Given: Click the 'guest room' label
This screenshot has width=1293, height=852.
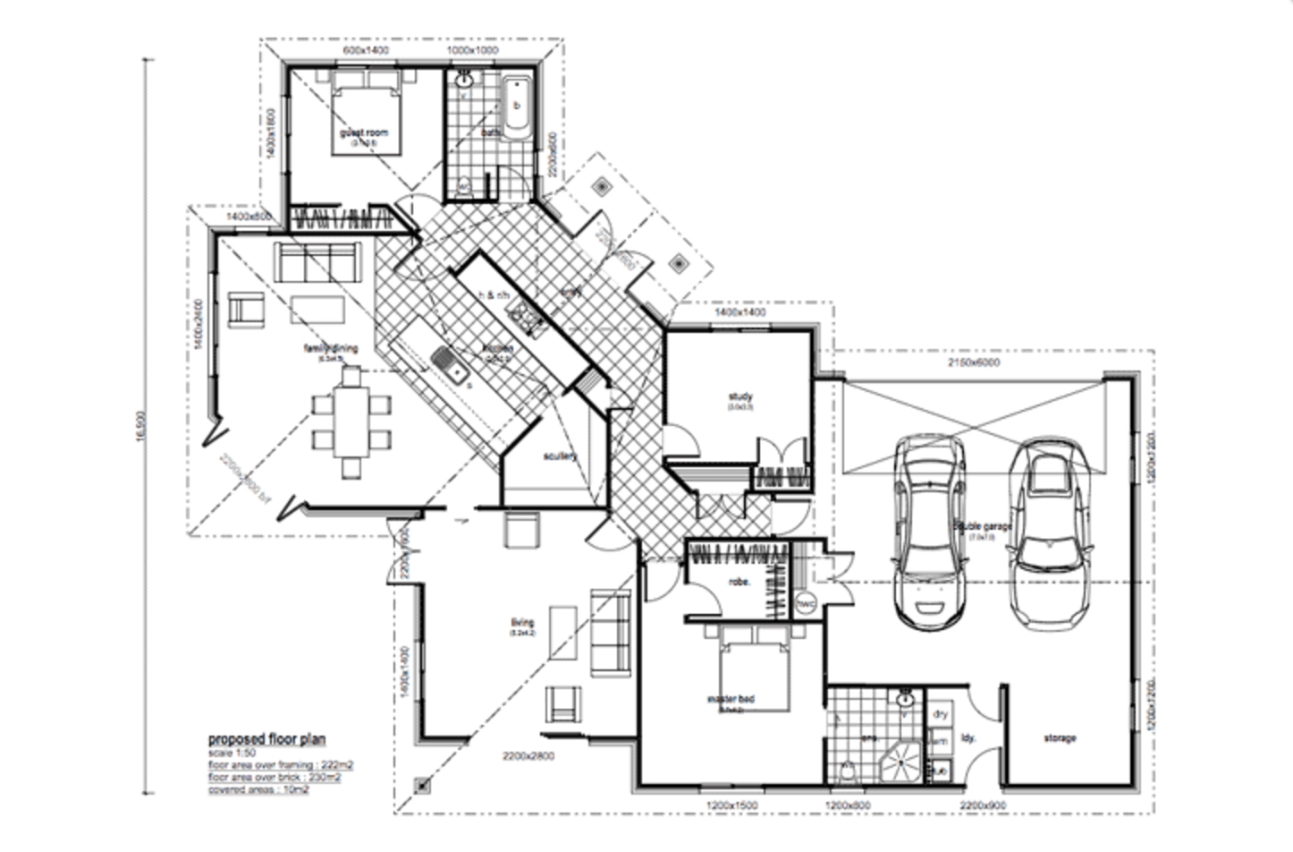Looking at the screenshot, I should click(363, 132).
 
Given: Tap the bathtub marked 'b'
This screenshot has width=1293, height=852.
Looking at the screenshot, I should click(516, 107).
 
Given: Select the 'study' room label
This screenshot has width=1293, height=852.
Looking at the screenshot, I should click(740, 396).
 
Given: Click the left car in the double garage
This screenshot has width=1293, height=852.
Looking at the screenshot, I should click(930, 528).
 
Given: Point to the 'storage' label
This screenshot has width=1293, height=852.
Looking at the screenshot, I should click(1060, 738).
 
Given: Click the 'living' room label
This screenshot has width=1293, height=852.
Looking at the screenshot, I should click(522, 623).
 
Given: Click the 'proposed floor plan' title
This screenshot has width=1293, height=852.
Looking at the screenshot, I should click(266, 739).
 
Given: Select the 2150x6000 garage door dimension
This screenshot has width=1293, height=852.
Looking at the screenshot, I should click(974, 362).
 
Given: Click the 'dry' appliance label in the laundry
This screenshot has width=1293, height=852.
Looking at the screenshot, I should click(940, 714).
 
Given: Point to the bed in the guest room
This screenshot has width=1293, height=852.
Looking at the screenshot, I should click(365, 116).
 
